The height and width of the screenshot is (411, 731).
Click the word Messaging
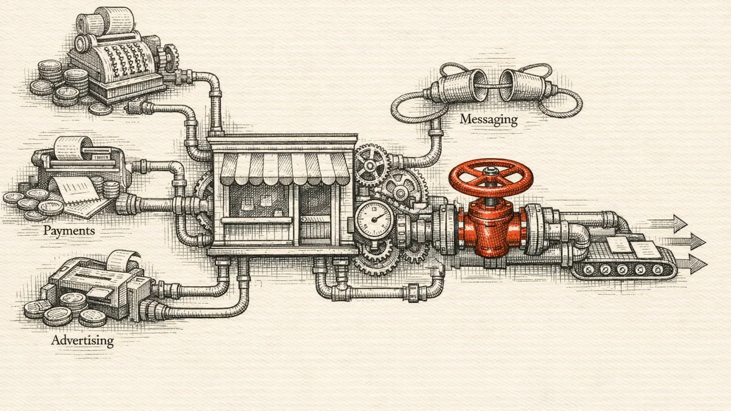(489, 119)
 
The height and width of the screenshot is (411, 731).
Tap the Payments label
(69, 231)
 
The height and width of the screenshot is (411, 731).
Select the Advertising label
(83, 340)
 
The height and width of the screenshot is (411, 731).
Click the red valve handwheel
(490, 177)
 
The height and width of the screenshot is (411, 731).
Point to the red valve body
(492, 228)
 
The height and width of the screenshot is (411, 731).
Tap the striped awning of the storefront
(284, 169)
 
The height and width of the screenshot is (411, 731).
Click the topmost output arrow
(668, 224)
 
